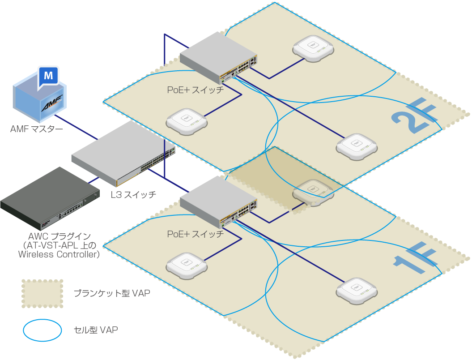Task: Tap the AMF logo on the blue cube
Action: coord(52,103)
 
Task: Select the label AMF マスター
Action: coord(37,129)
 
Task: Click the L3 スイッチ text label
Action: coord(133,195)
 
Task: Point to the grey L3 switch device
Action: coord(123,154)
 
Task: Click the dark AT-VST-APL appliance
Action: coord(50,198)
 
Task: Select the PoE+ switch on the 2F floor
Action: coord(218,58)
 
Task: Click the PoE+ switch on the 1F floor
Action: coord(218,202)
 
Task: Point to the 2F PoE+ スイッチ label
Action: coord(196,90)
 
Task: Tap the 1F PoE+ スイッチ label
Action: coord(196,234)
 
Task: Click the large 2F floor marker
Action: coord(415,116)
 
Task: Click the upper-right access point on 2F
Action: coord(313,48)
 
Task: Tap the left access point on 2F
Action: coord(187,122)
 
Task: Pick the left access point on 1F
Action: coord(187,266)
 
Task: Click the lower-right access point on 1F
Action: coord(357,291)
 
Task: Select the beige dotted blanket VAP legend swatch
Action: coord(43,294)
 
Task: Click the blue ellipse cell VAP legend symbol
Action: coord(43,330)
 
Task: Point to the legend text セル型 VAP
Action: coord(96,330)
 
